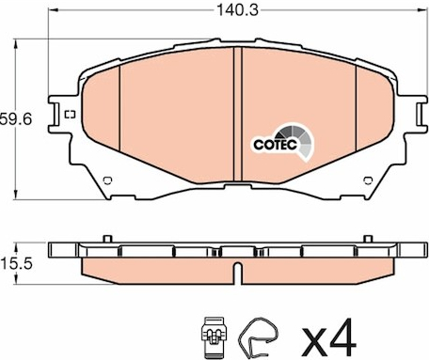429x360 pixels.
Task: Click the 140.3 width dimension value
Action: pyautogui.click(x=238, y=10)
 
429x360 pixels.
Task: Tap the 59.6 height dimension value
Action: pyautogui.click(x=16, y=119)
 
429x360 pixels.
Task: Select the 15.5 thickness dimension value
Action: pyautogui.click(x=16, y=263)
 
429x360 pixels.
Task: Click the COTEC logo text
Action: pyautogui.click(x=276, y=145)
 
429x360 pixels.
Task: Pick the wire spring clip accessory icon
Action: pyautogui.click(x=258, y=337)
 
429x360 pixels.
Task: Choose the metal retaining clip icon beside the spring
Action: pyautogui.click(x=214, y=337)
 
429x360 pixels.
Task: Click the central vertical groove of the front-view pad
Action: pyautogui.click(x=238, y=114)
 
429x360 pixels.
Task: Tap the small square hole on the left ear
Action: pyautogui.click(x=70, y=115)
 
